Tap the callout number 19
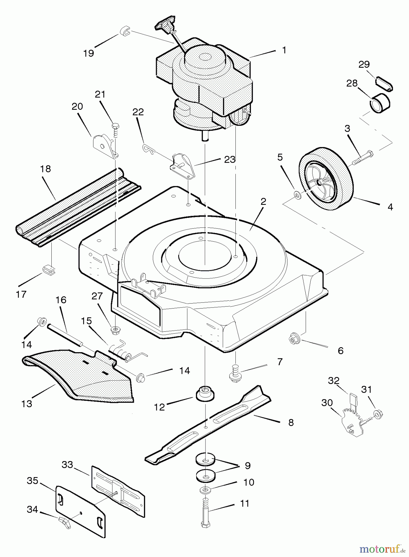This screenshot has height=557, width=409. point(89,53)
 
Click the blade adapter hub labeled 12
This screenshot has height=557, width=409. point(205,394)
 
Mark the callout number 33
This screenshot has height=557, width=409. point(67,465)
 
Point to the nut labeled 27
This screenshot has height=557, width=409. point(115,329)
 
